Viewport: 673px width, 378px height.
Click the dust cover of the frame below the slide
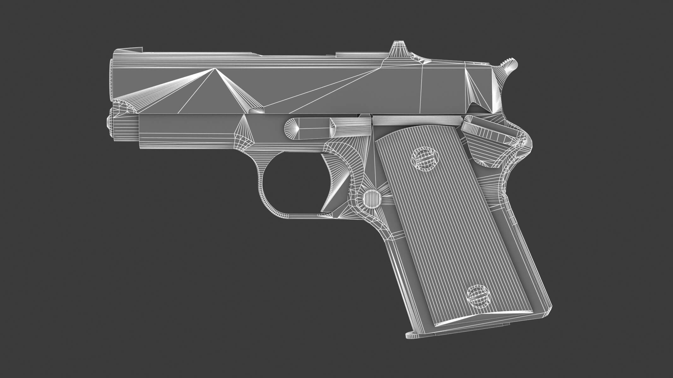189,131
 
